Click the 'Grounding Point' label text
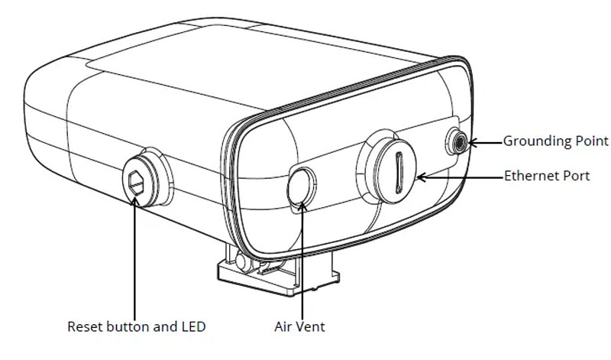click(x=555, y=141)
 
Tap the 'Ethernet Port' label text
click(x=547, y=176)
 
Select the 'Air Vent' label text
click(x=299, y=327)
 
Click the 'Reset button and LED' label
click(x=137, y=327)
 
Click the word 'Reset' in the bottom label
click(x=84, y=327)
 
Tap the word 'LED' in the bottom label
click(x=193, y=327)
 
